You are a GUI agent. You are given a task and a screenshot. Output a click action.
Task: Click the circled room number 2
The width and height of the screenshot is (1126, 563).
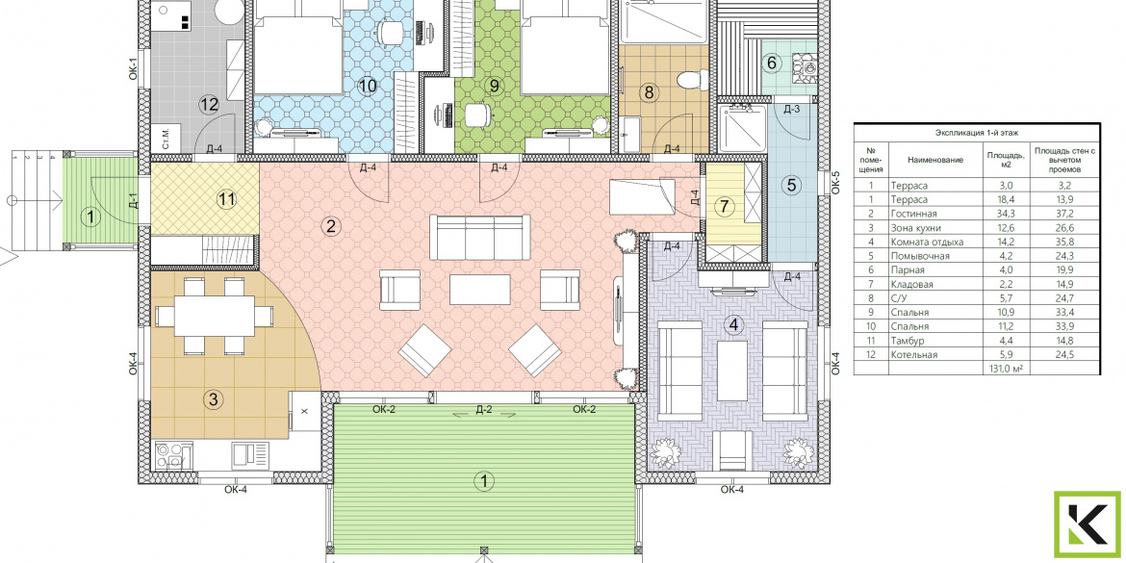point(330,227)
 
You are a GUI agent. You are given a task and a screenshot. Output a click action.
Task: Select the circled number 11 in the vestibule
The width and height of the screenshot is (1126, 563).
point(227,200)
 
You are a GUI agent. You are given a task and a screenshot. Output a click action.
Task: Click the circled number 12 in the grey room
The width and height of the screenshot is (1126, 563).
point(209,105)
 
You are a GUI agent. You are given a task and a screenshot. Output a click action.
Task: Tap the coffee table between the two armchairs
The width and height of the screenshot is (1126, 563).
point(479,290)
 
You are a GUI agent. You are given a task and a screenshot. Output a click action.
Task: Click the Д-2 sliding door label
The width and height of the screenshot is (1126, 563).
point(484,410)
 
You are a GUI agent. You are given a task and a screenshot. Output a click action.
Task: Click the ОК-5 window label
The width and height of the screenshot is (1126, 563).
point(835,184)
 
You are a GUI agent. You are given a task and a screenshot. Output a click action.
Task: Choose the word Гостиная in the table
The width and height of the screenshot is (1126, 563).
point(910,214)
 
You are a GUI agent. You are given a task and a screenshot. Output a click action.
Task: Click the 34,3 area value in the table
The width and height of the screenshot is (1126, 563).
point(1003,214)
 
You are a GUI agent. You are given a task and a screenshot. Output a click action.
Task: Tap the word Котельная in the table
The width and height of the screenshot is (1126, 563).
point(913,355)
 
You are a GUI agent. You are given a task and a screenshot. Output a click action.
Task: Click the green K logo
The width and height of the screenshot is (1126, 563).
point(1087,525)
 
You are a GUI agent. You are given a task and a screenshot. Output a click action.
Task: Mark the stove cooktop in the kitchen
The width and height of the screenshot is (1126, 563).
point(172,455)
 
